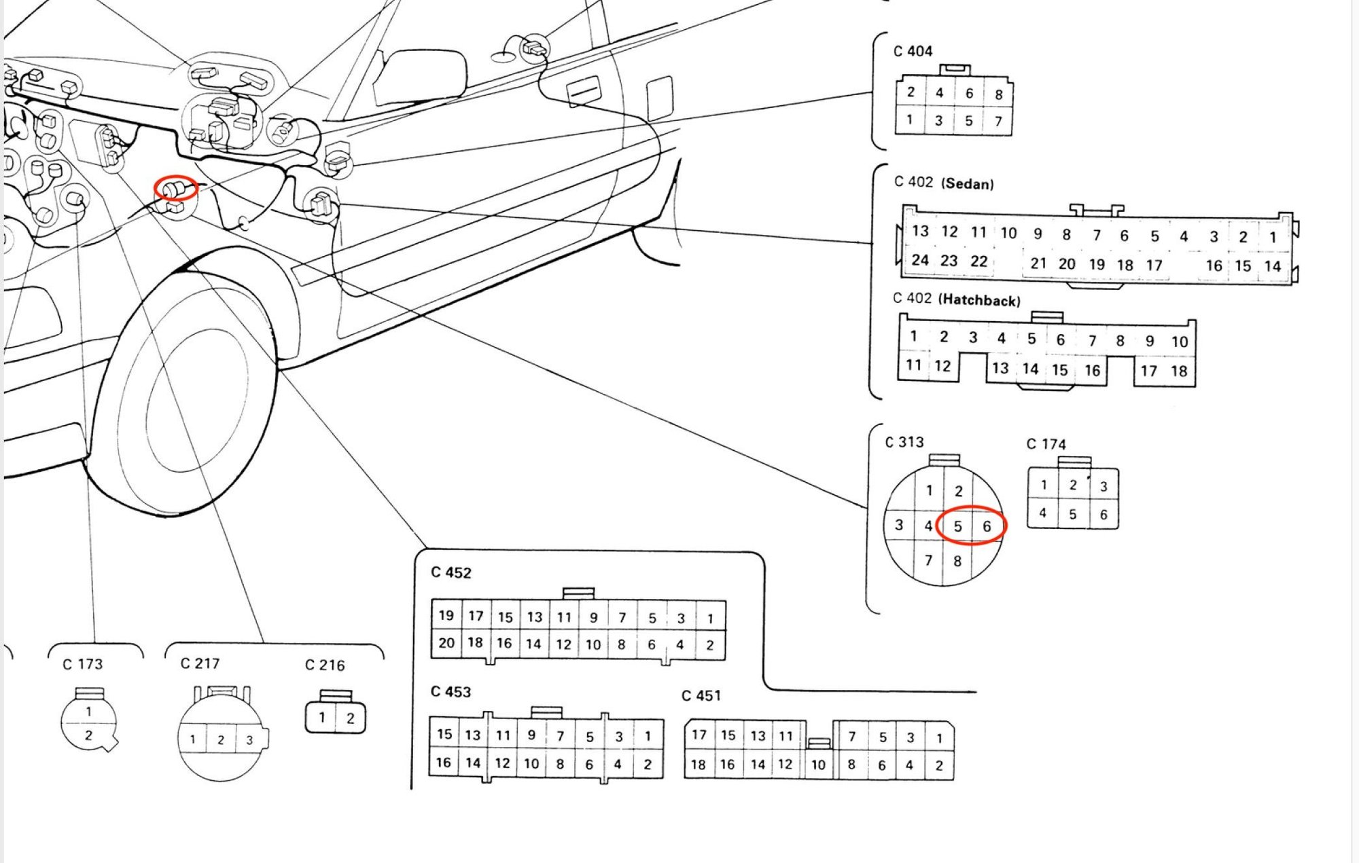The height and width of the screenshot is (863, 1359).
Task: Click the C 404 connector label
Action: tap(913, 52)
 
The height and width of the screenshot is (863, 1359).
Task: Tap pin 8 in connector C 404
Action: tap(998, 94)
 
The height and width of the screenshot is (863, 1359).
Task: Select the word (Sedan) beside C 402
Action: tap(967, 183)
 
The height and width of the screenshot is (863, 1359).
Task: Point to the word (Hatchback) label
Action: tap(978, 300)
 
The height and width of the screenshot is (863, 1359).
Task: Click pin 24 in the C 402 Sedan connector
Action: tap(920, 260)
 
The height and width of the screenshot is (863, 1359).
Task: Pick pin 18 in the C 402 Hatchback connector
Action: tap(1179, 371)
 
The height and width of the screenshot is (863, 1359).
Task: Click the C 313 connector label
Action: tap(904, 442)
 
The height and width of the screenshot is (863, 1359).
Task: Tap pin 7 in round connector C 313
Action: tap(928, 560)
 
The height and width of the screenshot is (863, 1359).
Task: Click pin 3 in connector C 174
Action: tap(1104, 486)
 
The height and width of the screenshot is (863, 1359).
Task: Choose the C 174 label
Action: tap(1046, 444)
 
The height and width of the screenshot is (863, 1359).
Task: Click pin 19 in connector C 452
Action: tap(446, 615)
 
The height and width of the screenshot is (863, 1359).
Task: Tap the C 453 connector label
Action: tap(451, 692)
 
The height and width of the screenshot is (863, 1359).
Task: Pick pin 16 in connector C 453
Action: tap(444, 763)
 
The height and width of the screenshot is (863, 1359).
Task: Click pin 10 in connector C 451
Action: tap(818, 765)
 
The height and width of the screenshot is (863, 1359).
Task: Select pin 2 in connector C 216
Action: tap(350, 718)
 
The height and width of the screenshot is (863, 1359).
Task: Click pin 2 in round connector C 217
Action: tap(221, 739)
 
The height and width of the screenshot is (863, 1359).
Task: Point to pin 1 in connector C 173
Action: tap(88, 712)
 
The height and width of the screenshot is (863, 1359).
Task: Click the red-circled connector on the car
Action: tap(175, 188)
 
